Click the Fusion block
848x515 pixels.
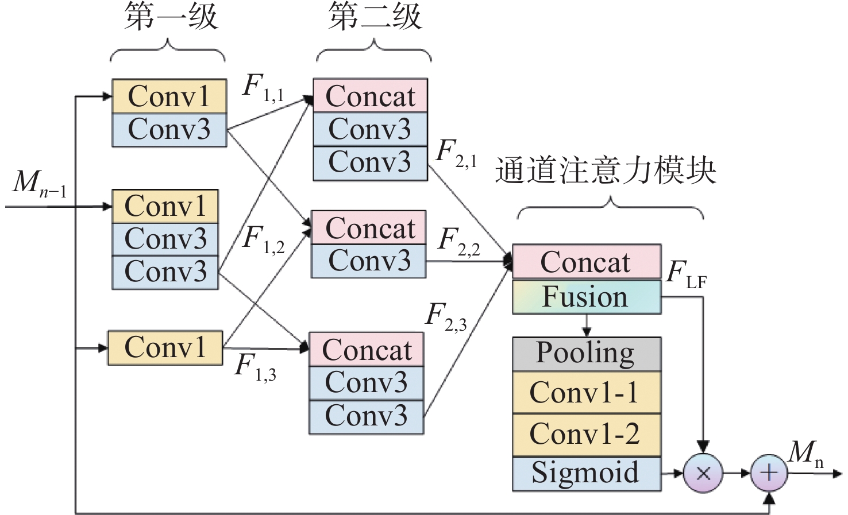[586, 297]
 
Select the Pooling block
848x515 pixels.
[586, 353]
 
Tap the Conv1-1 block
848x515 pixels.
[586, 393]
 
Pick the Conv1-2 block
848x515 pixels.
[586, 434]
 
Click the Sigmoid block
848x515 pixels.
[586, 473]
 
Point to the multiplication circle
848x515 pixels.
[703, 473]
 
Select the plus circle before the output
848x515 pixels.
[769, 473]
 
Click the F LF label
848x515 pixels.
[686, 273]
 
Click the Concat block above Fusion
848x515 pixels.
[586, 262]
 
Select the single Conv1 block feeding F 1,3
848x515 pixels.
[165, 347]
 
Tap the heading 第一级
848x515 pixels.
[171, 17]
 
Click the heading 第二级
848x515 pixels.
[375, 17]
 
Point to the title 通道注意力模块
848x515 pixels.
[606, 171]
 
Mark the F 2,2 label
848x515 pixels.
[458, 241]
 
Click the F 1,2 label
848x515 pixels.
[263, 239]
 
